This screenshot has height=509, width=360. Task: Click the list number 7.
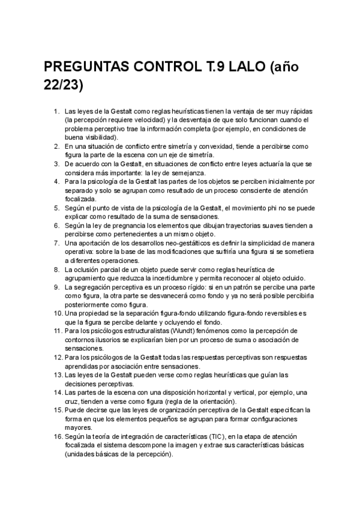(x=56, y=243)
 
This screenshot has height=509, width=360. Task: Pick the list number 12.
(x=55, y=358)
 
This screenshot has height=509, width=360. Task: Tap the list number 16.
(x=55, y=436)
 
